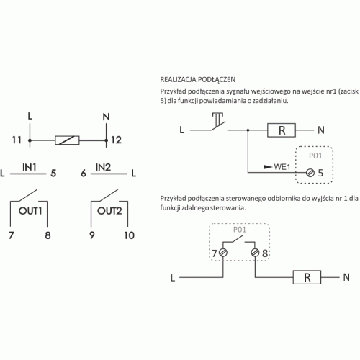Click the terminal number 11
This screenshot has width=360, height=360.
pyautogui.click(x=17, y=140)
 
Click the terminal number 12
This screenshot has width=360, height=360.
pyautogui.click(x=116, y=140)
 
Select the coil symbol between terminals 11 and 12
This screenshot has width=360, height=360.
pyautogui.click(x=67, y=140)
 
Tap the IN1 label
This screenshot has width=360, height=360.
pyautogui.click(x=30, y=167)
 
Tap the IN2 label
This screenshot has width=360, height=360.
pyautogui.click(x=103, y=167)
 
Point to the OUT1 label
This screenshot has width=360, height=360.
pyautogui.click(x=30, y=211)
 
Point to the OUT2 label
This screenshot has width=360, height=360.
pyautogui.click(x=109, y=211)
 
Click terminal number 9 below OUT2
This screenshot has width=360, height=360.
pyautogui.click(x=92, y=235)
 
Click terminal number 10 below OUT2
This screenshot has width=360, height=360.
pyautogui.click(x=129, y=235)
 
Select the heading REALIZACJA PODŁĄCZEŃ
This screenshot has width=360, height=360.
pyautogui.click(x=198, y=79)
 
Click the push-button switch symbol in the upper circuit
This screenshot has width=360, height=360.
pyautogui.click(x=218, y=122)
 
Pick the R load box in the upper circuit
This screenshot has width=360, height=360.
pyautogui.click(x=282, y=130)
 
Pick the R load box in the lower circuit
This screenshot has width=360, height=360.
pyautogui.click(x=307, y=277)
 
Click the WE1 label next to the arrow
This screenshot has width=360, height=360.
pyautogui.click(x=282, y=167)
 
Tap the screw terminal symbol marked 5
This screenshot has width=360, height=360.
pyautogui.click(x=310, y=173)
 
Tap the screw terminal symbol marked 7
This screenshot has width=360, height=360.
pyautogui.click(x=223, y=253)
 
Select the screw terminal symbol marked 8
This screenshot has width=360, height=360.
pyautogui.click(x=255, y=253)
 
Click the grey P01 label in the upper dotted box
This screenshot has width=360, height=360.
pyautogui.click(x=315, y=156)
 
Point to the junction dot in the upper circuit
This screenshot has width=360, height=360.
pyautogui.click(x=248, y=130)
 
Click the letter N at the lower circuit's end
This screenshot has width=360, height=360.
pyautogui.click(x=346, y=277)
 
